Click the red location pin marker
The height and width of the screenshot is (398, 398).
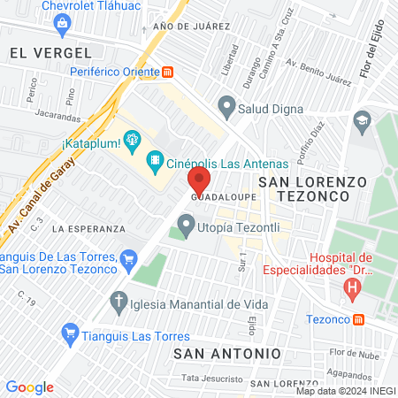198,182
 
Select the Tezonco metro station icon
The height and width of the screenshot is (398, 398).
358,319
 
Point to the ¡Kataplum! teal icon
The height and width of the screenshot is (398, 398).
134,139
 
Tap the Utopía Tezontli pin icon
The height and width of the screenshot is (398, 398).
186,227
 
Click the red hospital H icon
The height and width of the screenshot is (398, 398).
354,287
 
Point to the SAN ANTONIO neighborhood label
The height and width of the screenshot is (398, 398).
227,353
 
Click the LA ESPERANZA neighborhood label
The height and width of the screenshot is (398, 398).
86,228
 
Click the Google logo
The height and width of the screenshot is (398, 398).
30,387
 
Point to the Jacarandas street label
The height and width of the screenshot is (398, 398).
59,115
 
